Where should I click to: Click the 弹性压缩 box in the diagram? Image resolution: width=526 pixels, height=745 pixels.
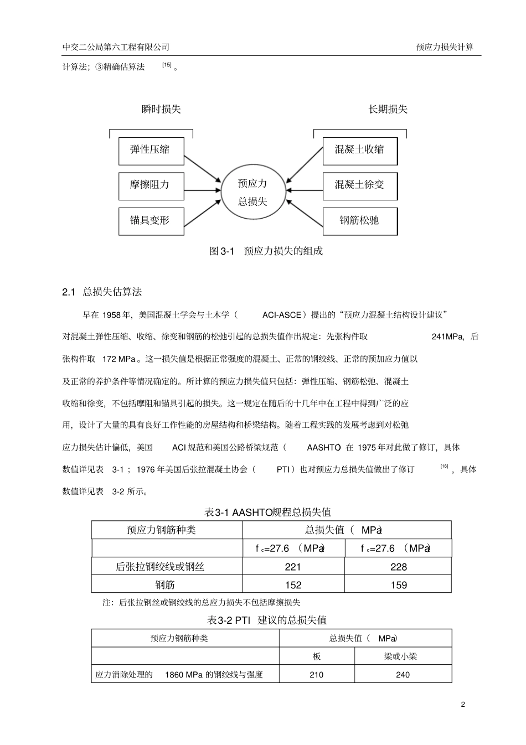click(151, 150)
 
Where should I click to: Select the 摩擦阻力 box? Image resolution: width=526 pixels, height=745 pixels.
click(151, 185)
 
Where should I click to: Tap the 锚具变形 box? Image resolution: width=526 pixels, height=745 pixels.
click(151, 220)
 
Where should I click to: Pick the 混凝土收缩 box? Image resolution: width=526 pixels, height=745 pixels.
click(360, 150)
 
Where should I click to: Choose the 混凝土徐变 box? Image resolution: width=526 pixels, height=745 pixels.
click(360, 185)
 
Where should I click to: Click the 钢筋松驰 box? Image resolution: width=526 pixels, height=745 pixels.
click(360, 220)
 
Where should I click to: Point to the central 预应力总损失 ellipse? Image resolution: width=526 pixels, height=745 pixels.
click(253, 192)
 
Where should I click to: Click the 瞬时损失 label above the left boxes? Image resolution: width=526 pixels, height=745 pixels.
click(161, 109)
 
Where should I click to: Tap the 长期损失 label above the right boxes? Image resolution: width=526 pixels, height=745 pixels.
click(388, 109)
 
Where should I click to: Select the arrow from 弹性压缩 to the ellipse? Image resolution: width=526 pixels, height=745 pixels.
click(202, 168)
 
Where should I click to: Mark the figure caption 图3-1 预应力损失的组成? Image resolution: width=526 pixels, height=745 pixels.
click(266, 251)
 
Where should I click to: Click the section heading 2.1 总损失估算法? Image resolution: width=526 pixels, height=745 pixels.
click(102, 292)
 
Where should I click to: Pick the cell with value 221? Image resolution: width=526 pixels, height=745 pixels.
click(293, 567)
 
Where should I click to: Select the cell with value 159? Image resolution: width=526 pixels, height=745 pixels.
click(399, 584)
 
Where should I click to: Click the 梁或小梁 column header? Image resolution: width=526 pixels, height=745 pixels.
click(401, 656)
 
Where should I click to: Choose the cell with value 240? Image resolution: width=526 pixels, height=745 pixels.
click(403, 675)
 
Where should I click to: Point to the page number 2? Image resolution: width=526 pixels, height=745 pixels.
click(463, 705)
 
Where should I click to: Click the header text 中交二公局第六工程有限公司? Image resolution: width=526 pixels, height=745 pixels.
click(116, 47)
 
